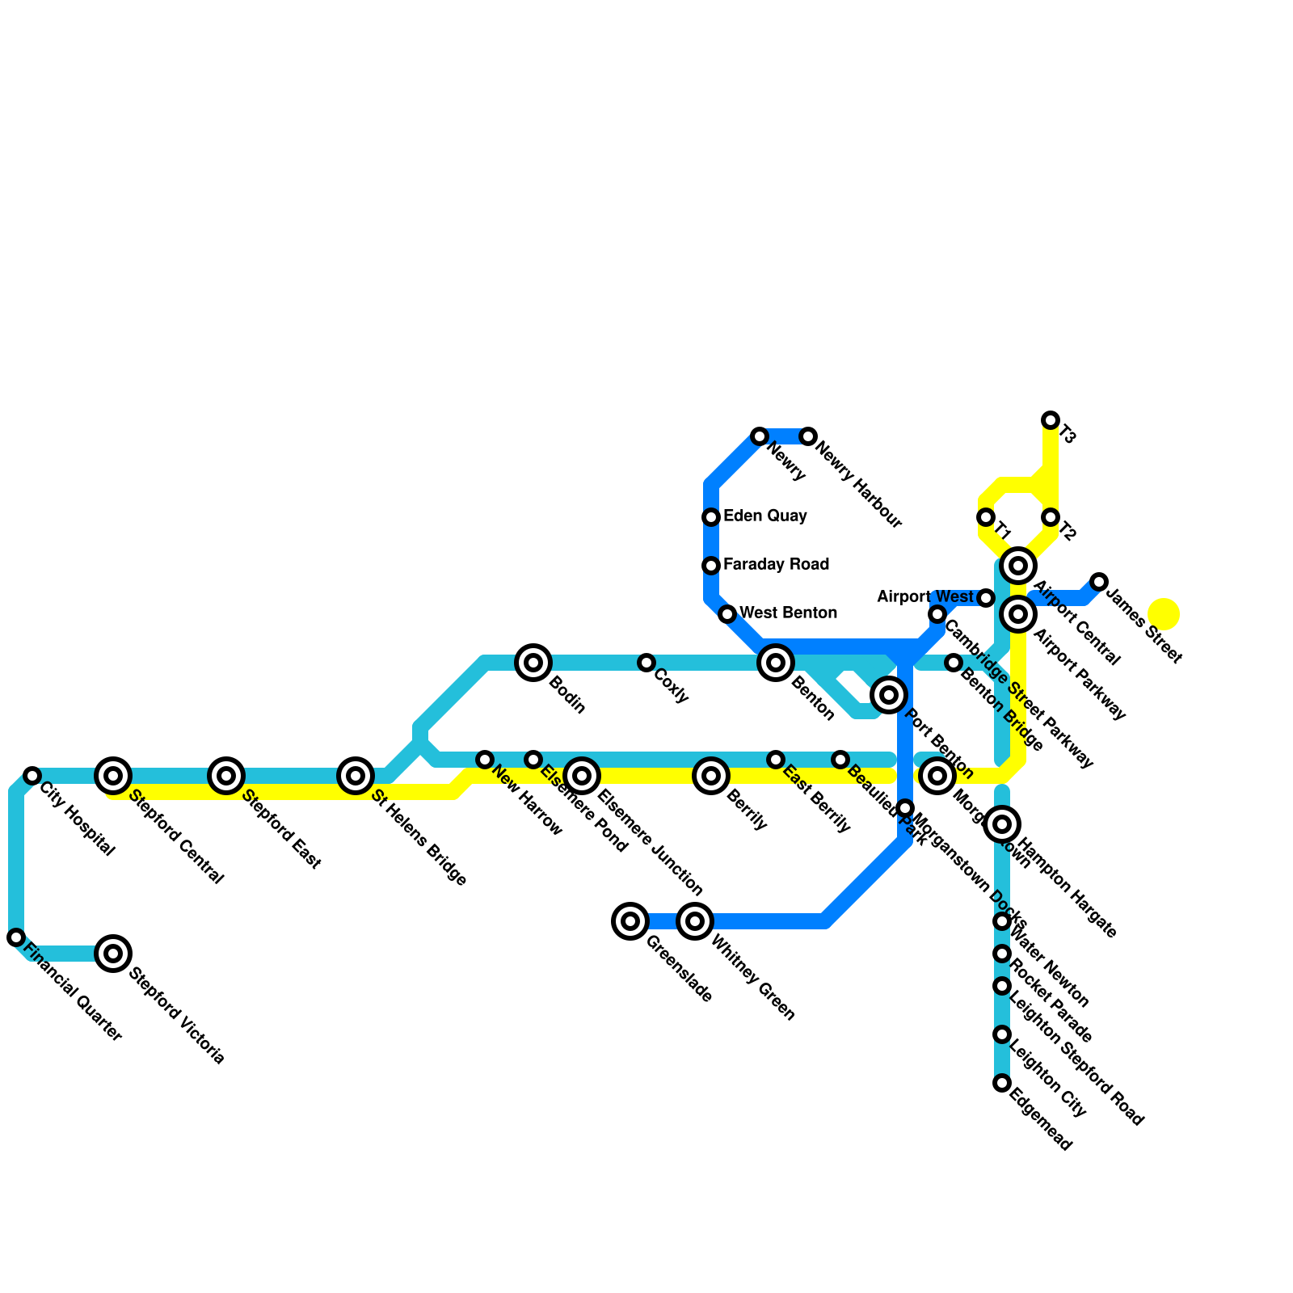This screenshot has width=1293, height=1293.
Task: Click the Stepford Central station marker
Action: click(x=113, y=776)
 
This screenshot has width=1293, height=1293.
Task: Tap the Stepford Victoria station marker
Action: click(x=113, y=954)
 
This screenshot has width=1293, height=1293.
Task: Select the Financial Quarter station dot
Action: click(x=16, y=937)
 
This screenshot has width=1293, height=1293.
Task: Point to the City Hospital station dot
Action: click(x=32, y=776)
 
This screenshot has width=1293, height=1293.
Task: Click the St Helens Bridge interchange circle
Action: click(x=356, y=776)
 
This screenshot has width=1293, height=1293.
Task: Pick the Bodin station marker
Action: click(x=533, y=663)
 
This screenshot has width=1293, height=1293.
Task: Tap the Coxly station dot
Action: click(x=646, y=663)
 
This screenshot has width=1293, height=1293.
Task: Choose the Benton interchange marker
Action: click(x=776, y=663)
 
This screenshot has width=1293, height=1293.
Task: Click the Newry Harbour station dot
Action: click(x=808, y=436)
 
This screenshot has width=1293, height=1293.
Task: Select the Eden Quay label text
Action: click(x=764, y=516)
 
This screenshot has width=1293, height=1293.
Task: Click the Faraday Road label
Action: click(x=776, y=565)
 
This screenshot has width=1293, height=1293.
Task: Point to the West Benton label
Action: click(x=788, y=613)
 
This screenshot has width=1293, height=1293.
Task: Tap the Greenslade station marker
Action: click(x=630, y=921)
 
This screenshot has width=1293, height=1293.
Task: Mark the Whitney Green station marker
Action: click(x=695, y=921)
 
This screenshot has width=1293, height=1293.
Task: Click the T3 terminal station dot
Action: click(x=1051, y=420)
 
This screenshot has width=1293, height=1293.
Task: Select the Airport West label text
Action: click(x=925, y=597)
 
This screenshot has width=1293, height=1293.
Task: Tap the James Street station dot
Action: click(x=1099, y=582)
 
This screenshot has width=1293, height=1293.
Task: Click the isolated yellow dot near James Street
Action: click(x=1164, y=614)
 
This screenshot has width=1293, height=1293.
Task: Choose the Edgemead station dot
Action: click(x=1002, y=1083)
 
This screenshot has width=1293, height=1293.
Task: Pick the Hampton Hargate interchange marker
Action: click(x=1002, y=824)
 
